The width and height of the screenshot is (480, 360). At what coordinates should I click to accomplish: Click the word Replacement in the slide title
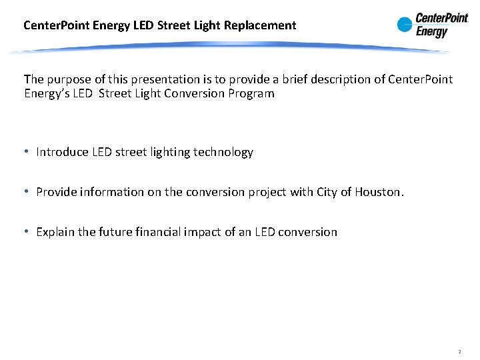click(261, 25)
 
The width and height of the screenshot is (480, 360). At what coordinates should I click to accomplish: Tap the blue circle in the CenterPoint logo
click(405, 25)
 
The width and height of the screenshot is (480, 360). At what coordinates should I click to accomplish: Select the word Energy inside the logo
click(432, 31)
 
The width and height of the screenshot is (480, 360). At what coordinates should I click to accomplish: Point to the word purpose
click(69, 79)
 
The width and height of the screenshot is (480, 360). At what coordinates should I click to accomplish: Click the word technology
click(223, 152)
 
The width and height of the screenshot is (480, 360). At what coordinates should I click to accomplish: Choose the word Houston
click(379, 192)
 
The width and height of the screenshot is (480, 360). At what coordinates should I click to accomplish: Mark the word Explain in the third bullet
click(56, 232)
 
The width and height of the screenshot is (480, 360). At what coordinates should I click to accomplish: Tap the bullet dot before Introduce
click(26, 152)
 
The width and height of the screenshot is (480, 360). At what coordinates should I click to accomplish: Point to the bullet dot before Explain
click(26, 232)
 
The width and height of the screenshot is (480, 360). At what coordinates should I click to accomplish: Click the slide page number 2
click(459, 351)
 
